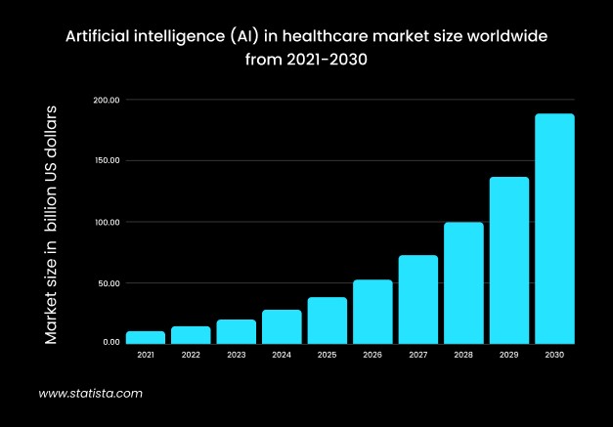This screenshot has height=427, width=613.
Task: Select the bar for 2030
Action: point(554,229)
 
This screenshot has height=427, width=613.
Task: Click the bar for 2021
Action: point(146,337)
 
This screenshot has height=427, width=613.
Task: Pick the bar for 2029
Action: point(509,260)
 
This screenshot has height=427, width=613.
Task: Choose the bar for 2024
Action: point(282,326)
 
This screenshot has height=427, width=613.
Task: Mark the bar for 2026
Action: point(372,312)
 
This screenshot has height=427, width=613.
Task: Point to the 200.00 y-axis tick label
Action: point(107,100)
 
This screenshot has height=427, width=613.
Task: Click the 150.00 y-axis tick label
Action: point(107,161)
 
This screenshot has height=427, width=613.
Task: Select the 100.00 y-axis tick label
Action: point(107,223)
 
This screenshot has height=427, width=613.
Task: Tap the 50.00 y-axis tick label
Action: point(109,283)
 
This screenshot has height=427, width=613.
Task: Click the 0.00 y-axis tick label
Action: point(110,342)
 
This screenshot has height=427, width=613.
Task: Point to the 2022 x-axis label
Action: point(191,356)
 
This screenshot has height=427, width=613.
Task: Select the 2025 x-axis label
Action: point(328,356)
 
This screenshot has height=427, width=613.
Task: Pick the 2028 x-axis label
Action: point(463,356)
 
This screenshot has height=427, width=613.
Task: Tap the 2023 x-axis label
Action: point(237,356)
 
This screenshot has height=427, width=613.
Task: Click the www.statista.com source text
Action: point(91,394)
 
